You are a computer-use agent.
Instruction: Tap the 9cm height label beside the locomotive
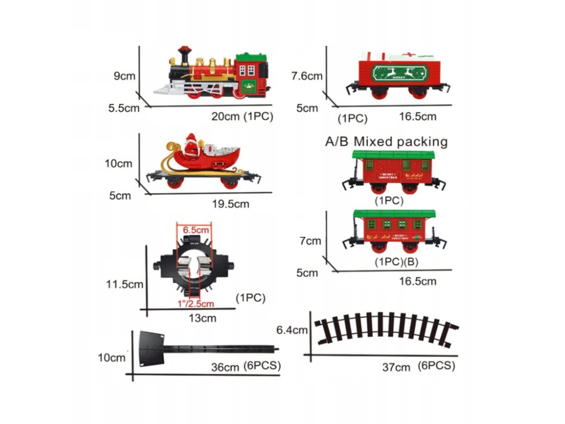click(125, 76)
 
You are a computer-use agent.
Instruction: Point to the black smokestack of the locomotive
click(184, 55)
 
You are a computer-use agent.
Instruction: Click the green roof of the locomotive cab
click(251, 57)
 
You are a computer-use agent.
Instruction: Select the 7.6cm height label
click(307, 76)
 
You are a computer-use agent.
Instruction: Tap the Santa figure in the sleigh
click(191, 146)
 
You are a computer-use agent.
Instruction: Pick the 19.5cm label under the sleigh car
click(230, 204)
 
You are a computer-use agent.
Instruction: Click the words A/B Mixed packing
click(386, 141)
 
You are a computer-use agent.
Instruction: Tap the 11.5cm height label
click(125, 284)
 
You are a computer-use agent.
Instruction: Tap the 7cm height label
click(310, 241)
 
